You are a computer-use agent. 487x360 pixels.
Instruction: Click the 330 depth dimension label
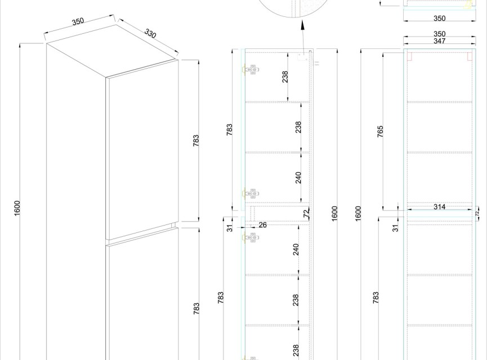pyautogui.click(x=150, y=33)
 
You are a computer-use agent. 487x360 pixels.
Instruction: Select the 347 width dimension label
pyautogui.click(x=440, y=41)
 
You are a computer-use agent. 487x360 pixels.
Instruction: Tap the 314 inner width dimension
pyautogui.click(x=439, y=206)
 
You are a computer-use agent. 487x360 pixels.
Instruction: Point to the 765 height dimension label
pyautogui.click(x=380, y=131)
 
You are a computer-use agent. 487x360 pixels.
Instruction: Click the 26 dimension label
pyautogui.click(x=262, y=224)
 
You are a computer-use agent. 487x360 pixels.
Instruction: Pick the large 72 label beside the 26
pyautogui.click(x=306, y=214)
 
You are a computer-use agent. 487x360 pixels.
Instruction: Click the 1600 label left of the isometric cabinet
pyautogui.click(x=17, y=208)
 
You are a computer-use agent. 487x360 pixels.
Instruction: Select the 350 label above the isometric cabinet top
pyautogui.click(x=78, y=21)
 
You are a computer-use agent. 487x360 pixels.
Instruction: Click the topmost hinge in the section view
pyautogui.click(x=251, y=70)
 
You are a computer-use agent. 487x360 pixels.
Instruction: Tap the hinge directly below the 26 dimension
pyautogui.click(x=251, y=238)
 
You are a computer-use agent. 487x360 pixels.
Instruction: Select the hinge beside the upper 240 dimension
pyautogui.click(x=251, y=194)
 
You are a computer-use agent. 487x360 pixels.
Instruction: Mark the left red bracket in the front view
pyautogui.click(x=409, y=56)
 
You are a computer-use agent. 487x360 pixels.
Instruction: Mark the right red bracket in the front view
pyautogui.click(x=470, y=56)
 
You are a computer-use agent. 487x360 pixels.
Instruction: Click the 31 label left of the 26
pyautogui.click(x=230, y=228)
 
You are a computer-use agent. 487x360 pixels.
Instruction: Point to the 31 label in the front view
pyautogui.click(x=395, y=228)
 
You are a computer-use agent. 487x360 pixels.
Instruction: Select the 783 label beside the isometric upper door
pyautogui.click(x=196, y=141)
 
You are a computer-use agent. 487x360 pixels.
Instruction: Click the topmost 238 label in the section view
pyautogui.click(x=285, y=77)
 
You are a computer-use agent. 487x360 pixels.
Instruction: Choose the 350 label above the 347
pyautogui.click(x=440, y=34)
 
